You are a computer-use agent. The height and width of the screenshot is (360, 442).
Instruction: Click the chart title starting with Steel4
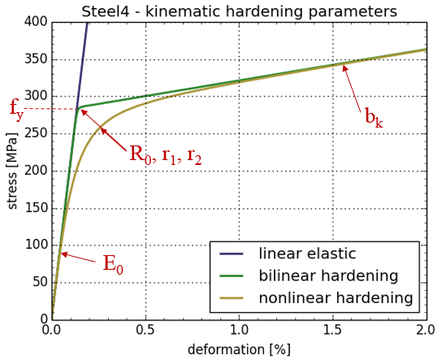coord(239,11)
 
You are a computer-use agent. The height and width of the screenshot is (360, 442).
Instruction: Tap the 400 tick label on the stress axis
coord(35,22)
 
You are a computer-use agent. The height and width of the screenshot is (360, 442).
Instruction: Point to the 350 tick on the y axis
coord(35,59)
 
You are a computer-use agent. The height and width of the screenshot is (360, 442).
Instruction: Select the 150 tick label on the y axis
coord(36,208)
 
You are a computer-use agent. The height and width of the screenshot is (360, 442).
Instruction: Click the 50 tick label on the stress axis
coord(40,283)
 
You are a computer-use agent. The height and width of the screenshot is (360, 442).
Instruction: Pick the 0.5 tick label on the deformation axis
coord(145,330)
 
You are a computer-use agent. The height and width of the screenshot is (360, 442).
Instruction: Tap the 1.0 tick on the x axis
coord(240,330)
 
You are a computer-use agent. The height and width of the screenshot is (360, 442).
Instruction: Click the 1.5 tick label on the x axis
coord(333,330)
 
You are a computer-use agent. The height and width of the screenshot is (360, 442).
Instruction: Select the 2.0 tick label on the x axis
coord(426,330)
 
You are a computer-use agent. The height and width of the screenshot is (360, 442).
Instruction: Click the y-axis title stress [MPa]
coord(12,171)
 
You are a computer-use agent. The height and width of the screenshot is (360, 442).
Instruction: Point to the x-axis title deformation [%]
coord(239,350)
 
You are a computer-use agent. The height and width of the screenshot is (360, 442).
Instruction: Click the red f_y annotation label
coord(16,110)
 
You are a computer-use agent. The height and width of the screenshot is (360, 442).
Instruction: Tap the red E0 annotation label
coord(113,264)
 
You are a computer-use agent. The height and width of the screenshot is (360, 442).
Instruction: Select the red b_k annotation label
coord(374,118)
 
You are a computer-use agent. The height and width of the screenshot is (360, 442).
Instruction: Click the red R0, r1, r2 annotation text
coord(166,155)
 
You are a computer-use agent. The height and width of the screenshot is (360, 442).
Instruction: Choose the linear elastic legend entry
coord(288,254)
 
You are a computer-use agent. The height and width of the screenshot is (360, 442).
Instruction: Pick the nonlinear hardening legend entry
coord(316,297)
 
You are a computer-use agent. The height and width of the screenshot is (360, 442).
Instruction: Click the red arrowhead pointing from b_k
coord(344,67)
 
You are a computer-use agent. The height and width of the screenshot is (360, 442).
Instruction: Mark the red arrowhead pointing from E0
coord(64,254)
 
